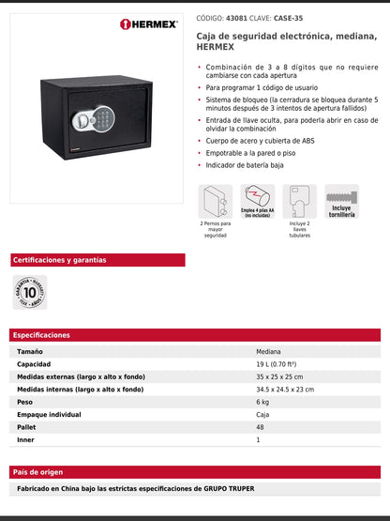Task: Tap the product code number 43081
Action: (238, 17)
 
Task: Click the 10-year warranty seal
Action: (28, 291)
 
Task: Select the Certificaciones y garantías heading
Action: (60, 260)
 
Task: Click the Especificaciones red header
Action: (41, 335)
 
